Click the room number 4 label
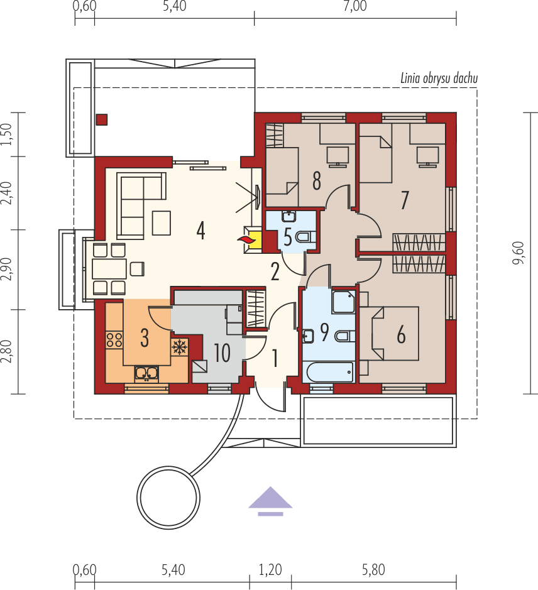200,231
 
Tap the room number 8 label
316,182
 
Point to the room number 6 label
401,335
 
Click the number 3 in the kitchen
145,338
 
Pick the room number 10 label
222,352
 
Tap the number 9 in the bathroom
324,332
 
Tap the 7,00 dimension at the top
354,7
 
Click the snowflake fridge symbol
180,346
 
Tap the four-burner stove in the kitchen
114,340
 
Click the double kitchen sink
146,373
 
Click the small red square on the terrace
101,119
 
